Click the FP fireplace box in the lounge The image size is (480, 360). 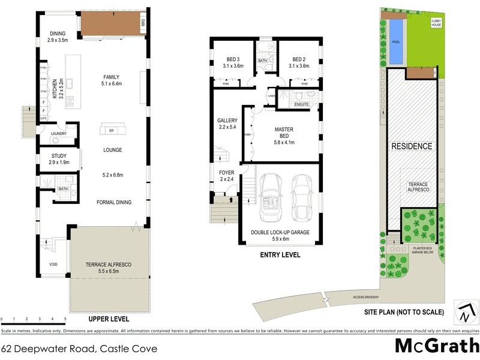111,130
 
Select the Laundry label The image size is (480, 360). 59,133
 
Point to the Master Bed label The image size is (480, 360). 283,133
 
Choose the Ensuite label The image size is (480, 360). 302,104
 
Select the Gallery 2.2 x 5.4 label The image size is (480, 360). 227,124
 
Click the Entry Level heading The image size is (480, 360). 280,255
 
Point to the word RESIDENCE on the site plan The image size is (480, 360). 412,146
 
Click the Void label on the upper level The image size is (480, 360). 53,263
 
